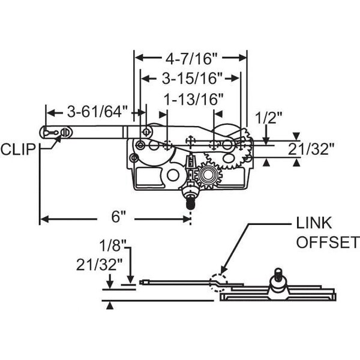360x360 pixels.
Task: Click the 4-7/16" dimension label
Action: pyautogui.click(x=191, y=59)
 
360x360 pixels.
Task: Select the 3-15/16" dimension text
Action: pyautogui.click(x=193, y=79)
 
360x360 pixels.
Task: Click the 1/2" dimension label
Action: pyautogui.click(x=269, y=118)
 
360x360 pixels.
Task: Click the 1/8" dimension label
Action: pyautogui.click(x=113, y=245)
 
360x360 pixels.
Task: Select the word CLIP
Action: pyautogui.click(x=18, y=149)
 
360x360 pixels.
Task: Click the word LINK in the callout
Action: pyautogui.click(x=314, y=223)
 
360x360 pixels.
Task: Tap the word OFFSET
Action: pyautogui.click(x=328, y=242)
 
